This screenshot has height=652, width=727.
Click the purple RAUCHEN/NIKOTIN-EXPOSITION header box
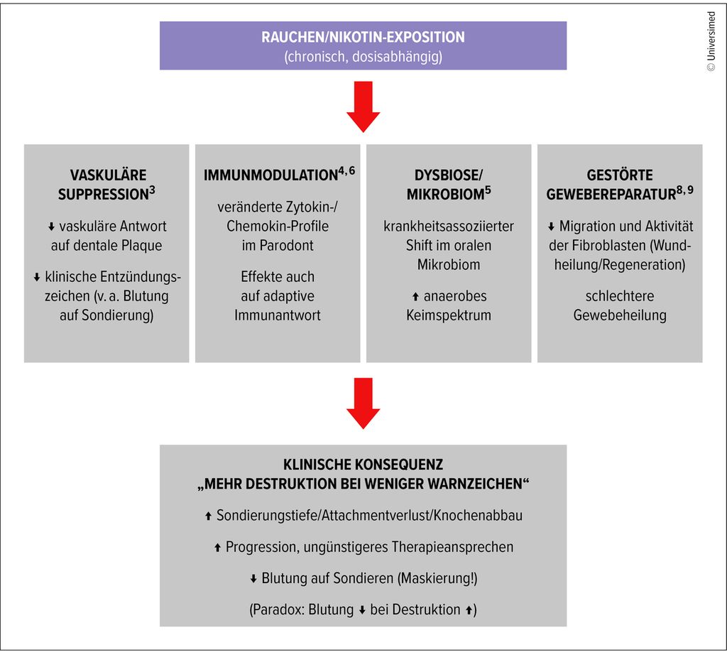[363, 45]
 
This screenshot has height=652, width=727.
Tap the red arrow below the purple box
[363, 107]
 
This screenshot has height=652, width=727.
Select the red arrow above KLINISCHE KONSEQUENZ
[363, 403]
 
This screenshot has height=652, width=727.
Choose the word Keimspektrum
[448, 315]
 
